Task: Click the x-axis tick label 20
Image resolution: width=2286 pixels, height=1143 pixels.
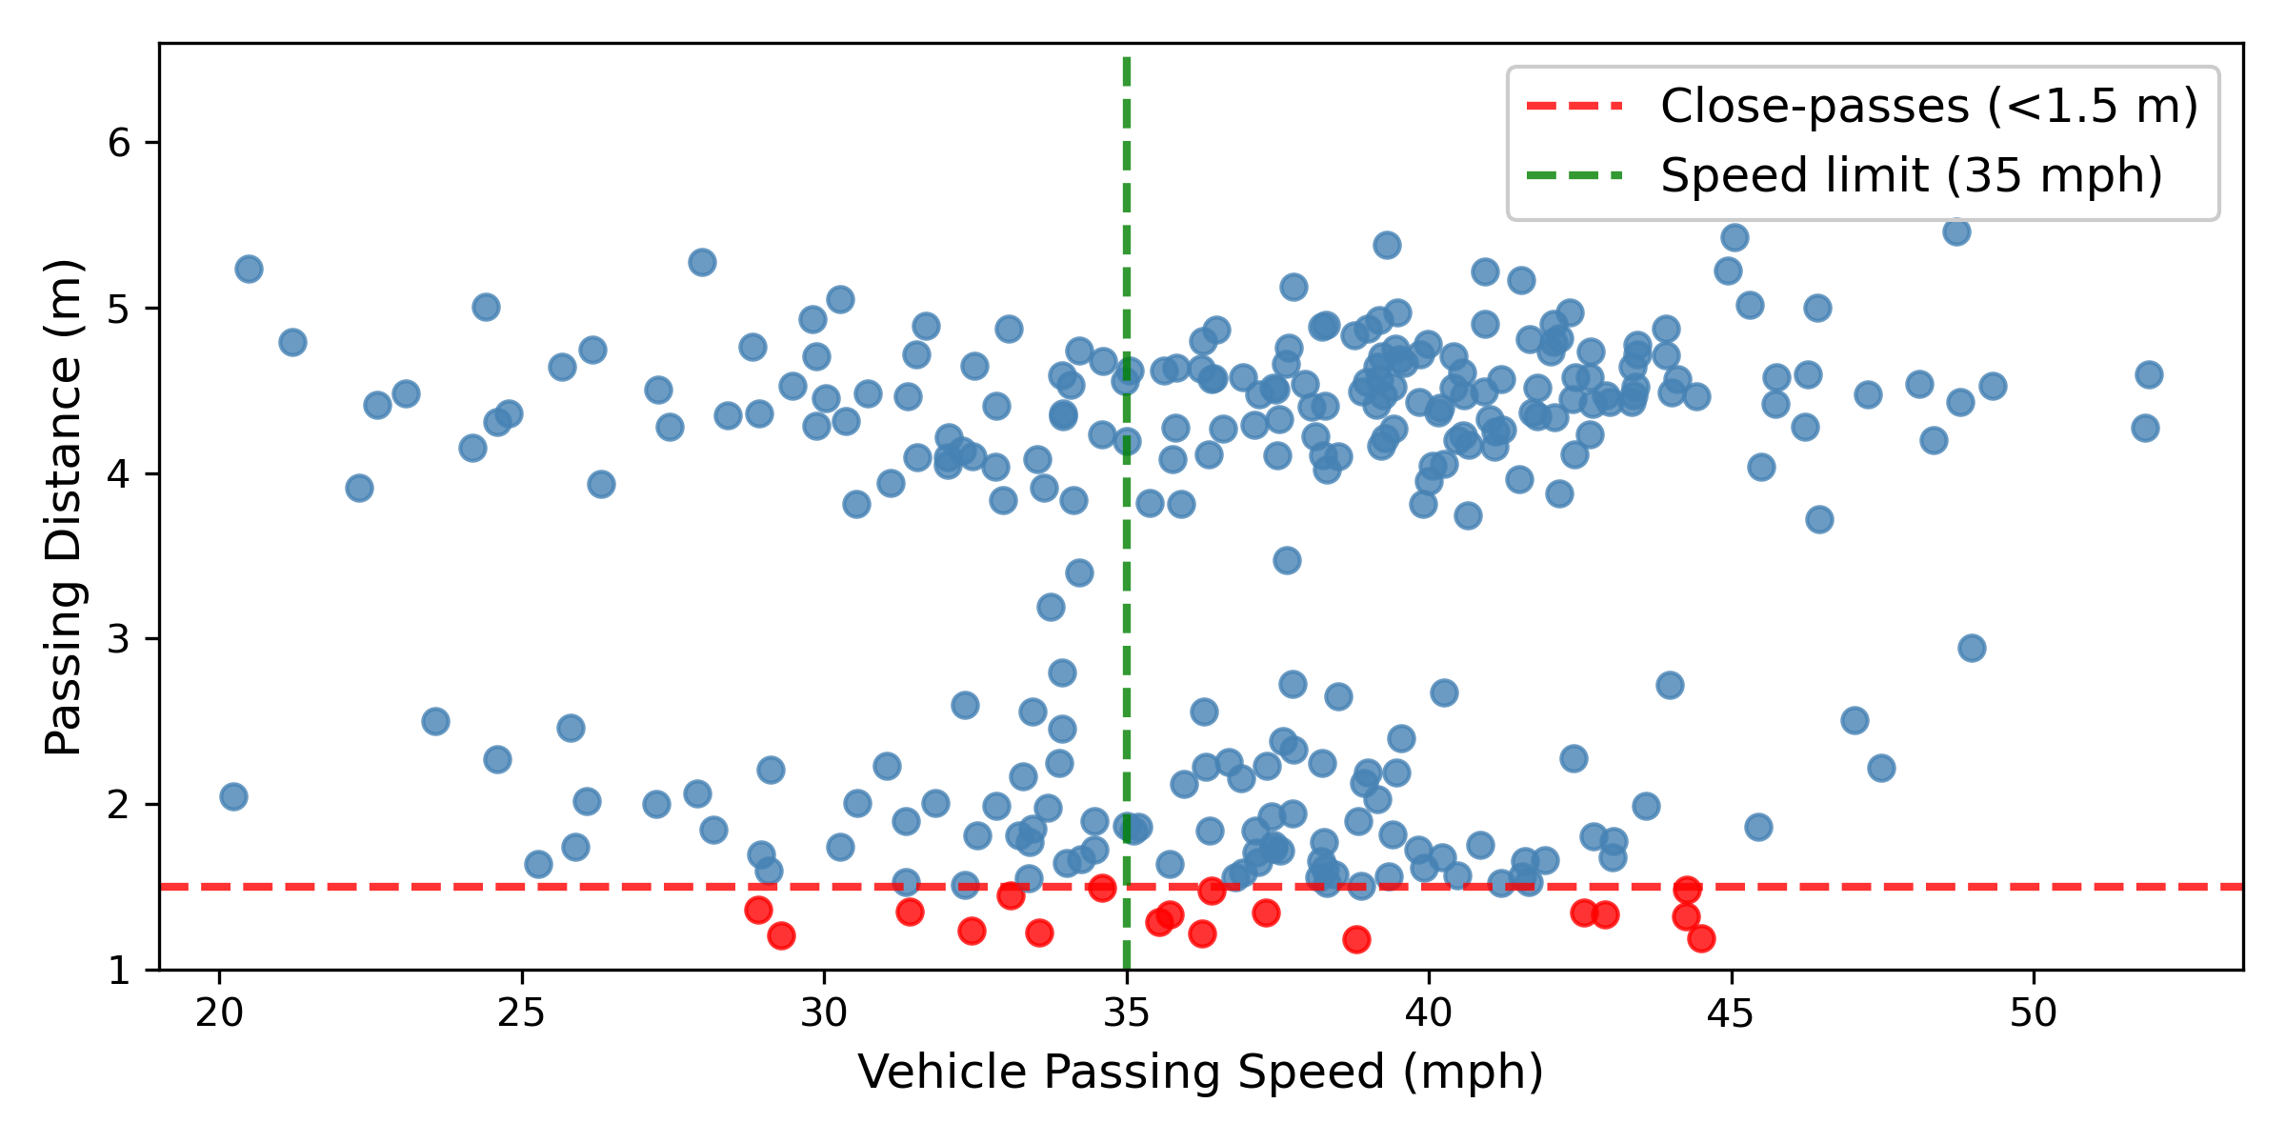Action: pyautogui.click(x=219, y=1013)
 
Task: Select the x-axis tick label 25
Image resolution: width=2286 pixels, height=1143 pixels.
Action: pyautogui.click(x=521, y=1013)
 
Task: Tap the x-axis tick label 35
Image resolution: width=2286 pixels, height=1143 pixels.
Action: pyautogui.click(x=1126, y=1013)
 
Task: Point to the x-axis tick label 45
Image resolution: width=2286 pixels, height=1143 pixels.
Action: pyautogui.click(x=1731, y=1013)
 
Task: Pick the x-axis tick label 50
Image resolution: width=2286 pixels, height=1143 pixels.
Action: pyautogui.click(x=2034, y=1013)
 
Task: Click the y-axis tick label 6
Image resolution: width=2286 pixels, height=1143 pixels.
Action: pyautogui.click(x=119, y=144)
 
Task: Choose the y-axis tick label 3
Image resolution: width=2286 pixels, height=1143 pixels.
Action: pyautogui.click(x=119, y=639)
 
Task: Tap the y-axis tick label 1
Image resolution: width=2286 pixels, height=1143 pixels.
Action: pyautogui.click(x=119, y=971)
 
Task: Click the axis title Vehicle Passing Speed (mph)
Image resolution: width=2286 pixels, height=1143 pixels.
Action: pyautogui.click(x=1200, y=1073)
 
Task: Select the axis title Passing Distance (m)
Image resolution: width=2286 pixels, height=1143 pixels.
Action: pyautogui.click(x=65, y=507)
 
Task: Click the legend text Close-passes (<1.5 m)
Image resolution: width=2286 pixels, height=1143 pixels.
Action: pyautogui.click(x=1929, y=106)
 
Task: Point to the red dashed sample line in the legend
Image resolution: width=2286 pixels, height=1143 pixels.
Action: pyautogui.click(x=1575, y=106)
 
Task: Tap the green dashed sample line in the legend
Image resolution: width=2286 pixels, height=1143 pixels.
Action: pyautogui.click(x=1575, y=175)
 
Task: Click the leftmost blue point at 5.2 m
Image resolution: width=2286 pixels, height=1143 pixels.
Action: pyautogui.click(x=249, y=269)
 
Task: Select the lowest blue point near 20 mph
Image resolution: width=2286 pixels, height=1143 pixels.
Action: pyautogui.click(x=233, y=796)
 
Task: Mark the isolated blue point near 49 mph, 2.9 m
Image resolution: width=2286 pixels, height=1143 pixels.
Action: pyautogui.click(x=1972, y=648)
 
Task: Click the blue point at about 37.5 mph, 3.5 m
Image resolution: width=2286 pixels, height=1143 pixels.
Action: pyautogui.click(x=1287, y=560)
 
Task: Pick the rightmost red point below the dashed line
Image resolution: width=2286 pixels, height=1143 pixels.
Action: pyautogui.click(x=1701, y=938)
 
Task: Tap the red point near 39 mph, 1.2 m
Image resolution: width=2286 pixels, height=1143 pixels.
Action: pyautogui.click(x=1356, y=939)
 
